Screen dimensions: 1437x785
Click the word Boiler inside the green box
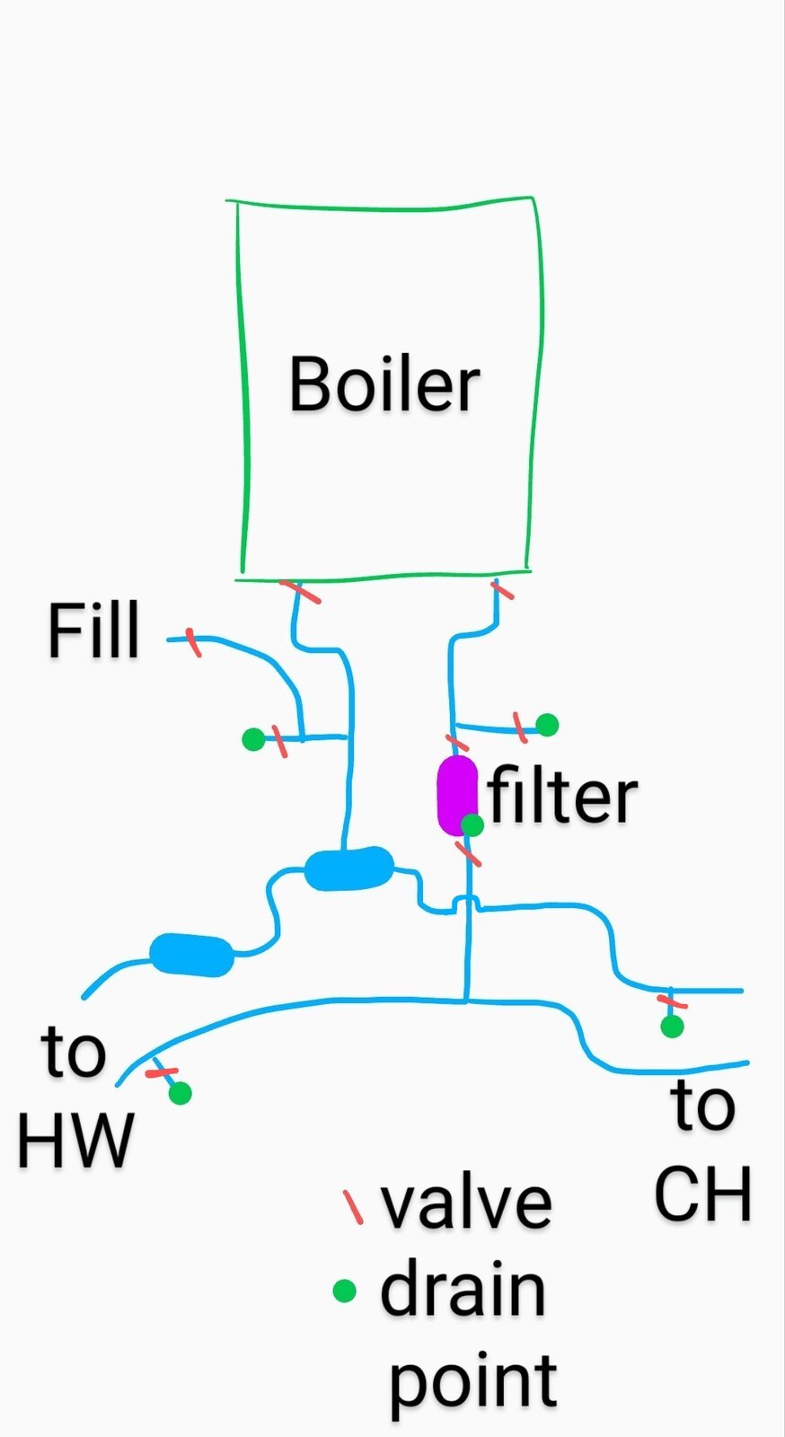384,384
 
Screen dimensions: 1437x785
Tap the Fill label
93,630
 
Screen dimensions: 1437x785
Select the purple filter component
456,794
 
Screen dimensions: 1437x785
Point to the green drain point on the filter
472,824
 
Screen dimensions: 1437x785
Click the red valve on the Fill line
193,641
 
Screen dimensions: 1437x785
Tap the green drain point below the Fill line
253,739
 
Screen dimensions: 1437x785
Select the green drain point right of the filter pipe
547,724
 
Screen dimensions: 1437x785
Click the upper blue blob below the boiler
348,868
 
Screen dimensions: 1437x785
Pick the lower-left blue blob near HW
191,954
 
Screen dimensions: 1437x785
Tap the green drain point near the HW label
181,1093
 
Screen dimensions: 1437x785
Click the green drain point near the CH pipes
672,1026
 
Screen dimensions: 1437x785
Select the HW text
75,1141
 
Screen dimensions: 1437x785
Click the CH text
702,1195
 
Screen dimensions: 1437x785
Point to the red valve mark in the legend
353,1207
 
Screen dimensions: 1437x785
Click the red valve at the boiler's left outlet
299,592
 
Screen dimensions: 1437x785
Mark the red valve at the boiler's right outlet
501,590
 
